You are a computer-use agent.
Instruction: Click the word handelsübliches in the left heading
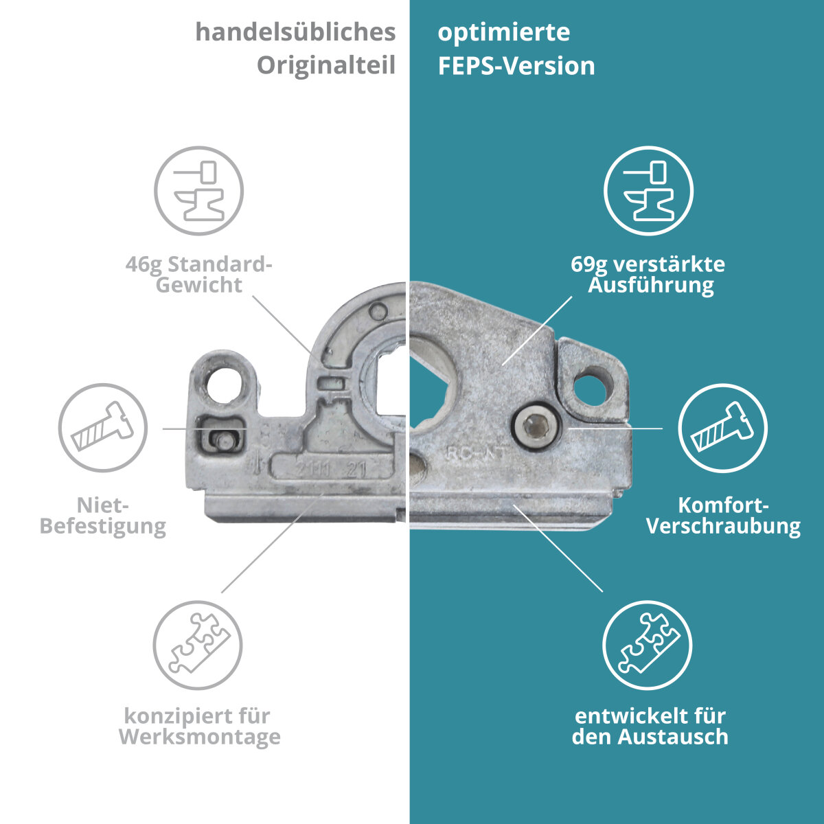(x=295, y=33)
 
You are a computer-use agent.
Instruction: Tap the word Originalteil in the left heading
(x=326, y=67)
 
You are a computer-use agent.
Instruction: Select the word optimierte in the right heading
(x=504, y=33)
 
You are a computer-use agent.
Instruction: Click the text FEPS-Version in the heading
(x=516, y=67)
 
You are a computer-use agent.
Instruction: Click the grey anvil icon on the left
(x=199, y=191)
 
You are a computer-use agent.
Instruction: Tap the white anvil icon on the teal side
(x=649, y=191)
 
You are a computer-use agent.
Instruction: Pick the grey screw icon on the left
(x=103, y=428)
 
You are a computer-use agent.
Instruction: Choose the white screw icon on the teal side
(x=722, y=428)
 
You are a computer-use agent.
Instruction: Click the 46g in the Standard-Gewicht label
(x=144, y=265)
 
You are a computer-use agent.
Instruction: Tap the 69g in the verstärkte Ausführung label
(x=588, y=265)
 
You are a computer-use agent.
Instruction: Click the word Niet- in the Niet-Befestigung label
(x=102, y=505)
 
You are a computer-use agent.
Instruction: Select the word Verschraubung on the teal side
(x=724, y=527)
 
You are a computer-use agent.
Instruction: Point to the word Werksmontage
(x=200, y=737)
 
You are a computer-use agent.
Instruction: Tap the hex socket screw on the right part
(x=536, y=428)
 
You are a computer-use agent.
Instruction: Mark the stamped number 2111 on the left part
(x=313, y=470)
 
